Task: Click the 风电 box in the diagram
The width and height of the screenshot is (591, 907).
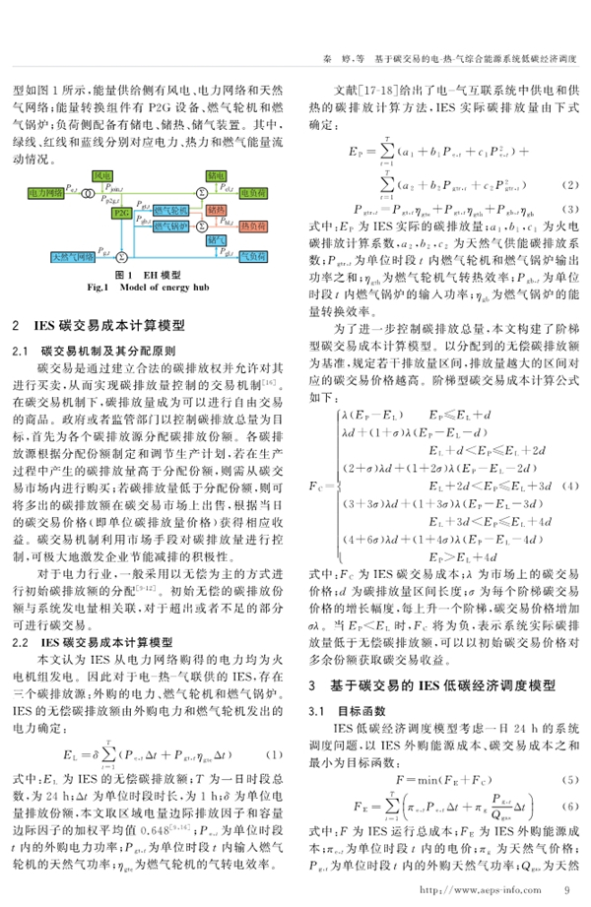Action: (100, 173)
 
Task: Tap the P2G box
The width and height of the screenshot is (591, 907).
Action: (121, 212)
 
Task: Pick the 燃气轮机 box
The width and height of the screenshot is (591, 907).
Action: (161, 212)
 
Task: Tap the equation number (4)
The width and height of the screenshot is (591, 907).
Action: (568, 486)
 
